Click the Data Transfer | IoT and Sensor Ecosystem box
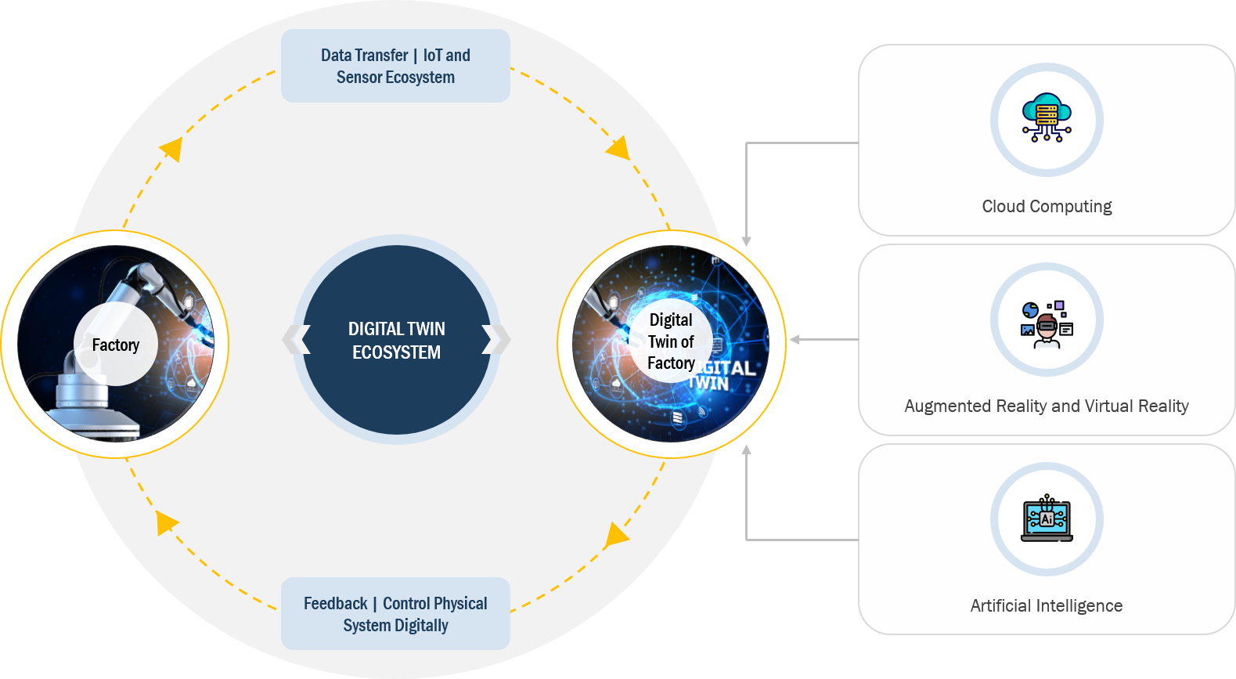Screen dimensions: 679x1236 395,66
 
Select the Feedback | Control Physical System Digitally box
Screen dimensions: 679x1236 395,614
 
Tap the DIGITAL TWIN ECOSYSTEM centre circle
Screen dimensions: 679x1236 397,340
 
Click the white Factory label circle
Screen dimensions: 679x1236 116,345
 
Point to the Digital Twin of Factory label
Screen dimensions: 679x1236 671,341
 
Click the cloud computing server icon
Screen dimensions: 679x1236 1047,118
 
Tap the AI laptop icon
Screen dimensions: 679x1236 1047,518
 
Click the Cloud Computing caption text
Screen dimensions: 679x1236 1047,206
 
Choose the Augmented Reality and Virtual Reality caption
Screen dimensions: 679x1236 1047,406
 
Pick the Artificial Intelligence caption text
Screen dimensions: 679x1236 1047,605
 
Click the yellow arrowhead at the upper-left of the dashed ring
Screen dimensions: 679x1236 171,148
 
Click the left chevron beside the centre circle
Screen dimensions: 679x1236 296,340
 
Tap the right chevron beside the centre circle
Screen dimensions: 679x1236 496,340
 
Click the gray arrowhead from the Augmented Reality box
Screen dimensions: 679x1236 795,340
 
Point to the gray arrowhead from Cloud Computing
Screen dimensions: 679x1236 747,241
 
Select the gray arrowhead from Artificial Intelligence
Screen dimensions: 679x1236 747,450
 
